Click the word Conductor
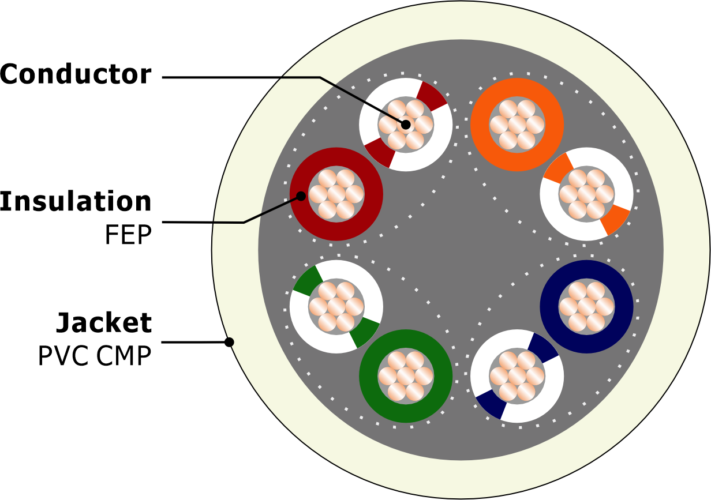pos(76,74)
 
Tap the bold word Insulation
pos(76,201)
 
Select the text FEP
pos(128,235)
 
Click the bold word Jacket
pos(104,322)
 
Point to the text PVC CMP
pos(95,356)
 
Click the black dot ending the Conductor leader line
pos(406,125)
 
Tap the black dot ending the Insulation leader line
pos(301,197)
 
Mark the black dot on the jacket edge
pos(229,343)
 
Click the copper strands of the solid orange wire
pos(517,125)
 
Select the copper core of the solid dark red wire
pos(336,194)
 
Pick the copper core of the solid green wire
pos(406,376)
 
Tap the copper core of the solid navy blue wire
pos(586,307)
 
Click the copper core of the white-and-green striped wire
pos(336,307)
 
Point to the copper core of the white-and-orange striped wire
pos(586,194)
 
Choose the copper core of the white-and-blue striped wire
pos(517,376)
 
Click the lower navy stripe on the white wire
pos(491,404)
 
